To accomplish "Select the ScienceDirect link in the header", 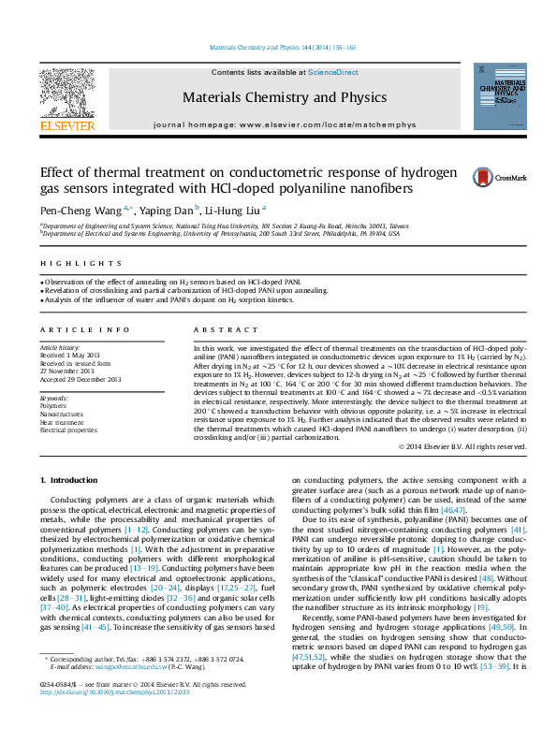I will [333, 72].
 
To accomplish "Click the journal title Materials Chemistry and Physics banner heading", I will [270, 97].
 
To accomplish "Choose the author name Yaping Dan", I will [169, 211].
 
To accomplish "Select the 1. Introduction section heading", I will [68, 480].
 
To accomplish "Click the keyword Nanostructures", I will [63, 414].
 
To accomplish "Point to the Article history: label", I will [61, 347].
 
